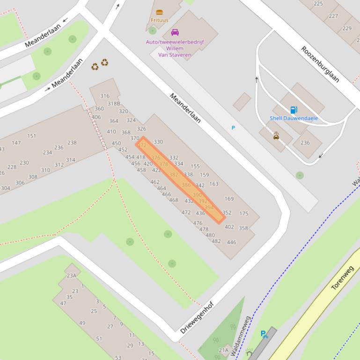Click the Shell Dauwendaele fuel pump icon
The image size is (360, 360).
click(294, 110)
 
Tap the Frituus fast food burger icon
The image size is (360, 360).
click(159, 12)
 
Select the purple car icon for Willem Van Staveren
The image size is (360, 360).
click(175, 32)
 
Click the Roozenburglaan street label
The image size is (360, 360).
click(320, 64)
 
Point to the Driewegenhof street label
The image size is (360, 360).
click(197, 317)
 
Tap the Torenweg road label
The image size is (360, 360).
click(342, 278)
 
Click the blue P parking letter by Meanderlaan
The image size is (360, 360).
click(233, 128)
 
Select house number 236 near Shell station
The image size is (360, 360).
click(305, 143)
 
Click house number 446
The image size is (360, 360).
click(231, 242)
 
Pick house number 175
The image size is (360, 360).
click(243, 214)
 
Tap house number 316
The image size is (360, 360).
click(105, 96)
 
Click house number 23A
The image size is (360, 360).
click(71, 275)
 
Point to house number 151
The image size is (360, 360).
click(31, 136)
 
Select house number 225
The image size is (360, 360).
click(318, 4)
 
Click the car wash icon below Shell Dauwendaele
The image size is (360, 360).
click(276, 136)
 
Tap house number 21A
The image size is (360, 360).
click(224, 350)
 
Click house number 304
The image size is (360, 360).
click(6, 188)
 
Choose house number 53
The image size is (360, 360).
click(118, 358)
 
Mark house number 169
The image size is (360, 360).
click(229, 199)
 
